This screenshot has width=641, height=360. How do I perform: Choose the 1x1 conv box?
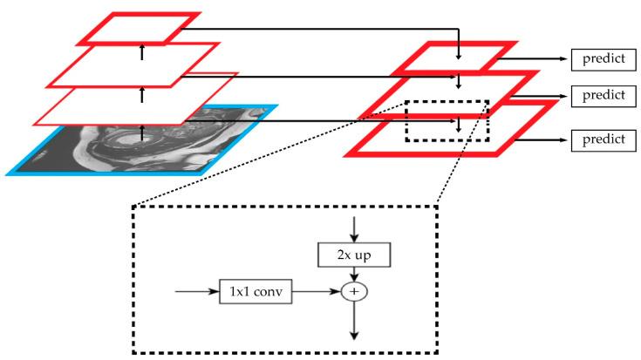pos(255,292)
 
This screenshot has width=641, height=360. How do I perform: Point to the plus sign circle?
pos(354,292)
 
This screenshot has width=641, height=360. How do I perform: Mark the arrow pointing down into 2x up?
pos(354,228)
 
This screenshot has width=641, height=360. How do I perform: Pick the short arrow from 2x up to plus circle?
pos(354,273)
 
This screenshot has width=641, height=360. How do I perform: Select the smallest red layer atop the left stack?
pos(140,29)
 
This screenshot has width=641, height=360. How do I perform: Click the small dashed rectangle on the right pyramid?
pos(447,121)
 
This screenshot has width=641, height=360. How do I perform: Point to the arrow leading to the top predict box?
pos(536,60)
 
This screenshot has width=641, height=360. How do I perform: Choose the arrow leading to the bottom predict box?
pos(541,139)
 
